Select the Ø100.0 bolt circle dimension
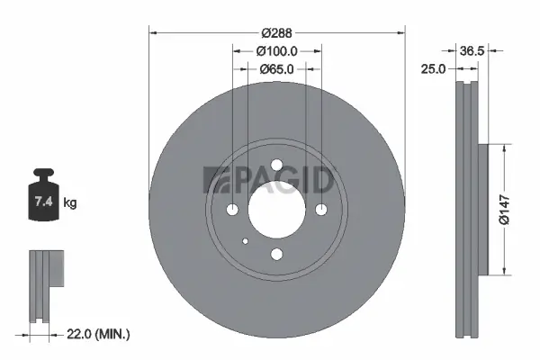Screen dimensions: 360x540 click(x=277, y=52)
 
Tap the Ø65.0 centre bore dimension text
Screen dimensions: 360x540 click(x=277, y=69)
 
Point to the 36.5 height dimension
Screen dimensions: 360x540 click(x=472, y=52)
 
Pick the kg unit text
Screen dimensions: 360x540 click(x=70, y=203)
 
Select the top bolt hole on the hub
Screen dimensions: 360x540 click(x=276, y=166)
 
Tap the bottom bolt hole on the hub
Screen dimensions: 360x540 click(x=276, y=255)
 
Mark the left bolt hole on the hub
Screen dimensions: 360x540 click(x=232, y=210)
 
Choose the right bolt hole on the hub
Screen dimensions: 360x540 click(x=320, y=210)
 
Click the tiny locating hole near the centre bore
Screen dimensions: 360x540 click(x=246, y=240)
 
